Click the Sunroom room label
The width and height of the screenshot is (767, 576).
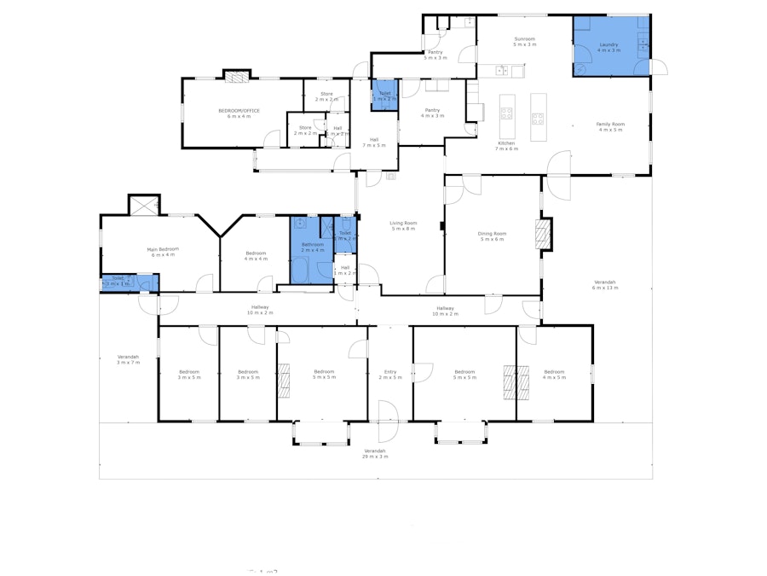524,41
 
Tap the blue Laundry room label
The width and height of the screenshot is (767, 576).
608,47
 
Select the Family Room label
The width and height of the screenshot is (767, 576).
610,126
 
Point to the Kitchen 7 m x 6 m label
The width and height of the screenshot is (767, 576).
507,145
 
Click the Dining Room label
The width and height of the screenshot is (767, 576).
492,236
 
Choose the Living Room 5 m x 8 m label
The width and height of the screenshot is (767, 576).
402,225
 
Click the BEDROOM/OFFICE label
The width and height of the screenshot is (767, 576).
239,113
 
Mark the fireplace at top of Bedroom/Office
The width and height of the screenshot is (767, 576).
237,75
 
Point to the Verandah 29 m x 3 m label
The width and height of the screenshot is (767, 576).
375,453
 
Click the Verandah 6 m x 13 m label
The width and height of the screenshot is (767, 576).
604,284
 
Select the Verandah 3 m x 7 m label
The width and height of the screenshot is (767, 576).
128,359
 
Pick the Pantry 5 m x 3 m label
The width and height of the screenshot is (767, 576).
435,55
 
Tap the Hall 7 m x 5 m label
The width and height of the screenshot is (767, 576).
373,142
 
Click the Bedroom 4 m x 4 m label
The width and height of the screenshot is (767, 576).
256,255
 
